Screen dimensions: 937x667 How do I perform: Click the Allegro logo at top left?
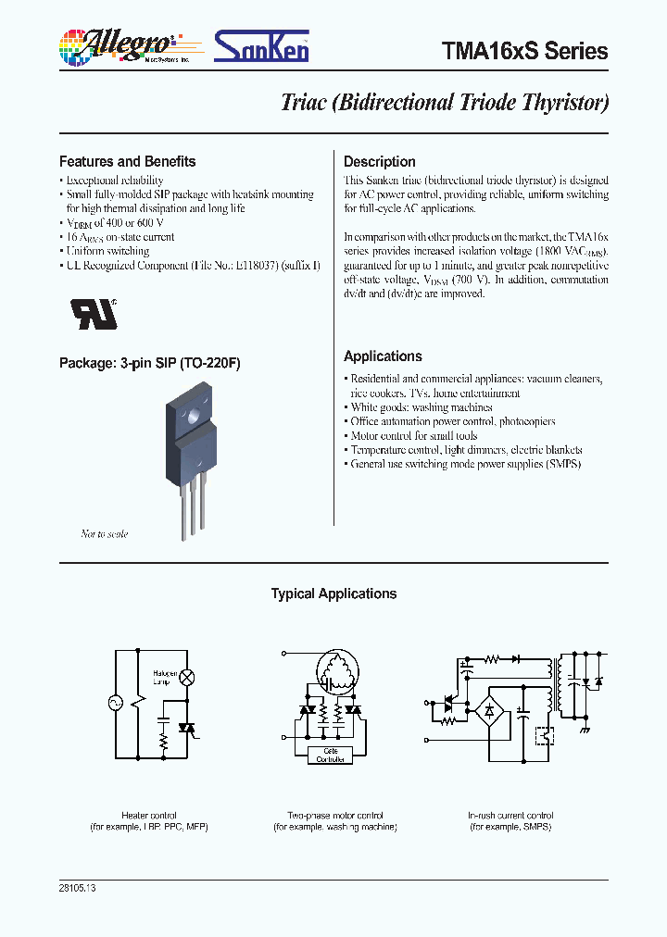point(120,46)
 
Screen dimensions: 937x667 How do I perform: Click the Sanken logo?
point(262,46)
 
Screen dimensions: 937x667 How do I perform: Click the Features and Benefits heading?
point(127,161)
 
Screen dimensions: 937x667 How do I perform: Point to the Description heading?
point(379,161)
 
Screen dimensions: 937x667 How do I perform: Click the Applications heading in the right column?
point(383,356)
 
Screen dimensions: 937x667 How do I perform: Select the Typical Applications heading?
point(333,594)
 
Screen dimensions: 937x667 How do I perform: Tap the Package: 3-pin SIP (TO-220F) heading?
point(149,364)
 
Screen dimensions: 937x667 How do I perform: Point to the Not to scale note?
point(105,534)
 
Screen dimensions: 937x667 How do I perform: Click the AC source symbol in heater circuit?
point(118,704)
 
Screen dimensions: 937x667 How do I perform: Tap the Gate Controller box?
point(331,755)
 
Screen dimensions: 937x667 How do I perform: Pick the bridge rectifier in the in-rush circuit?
point(487,713)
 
